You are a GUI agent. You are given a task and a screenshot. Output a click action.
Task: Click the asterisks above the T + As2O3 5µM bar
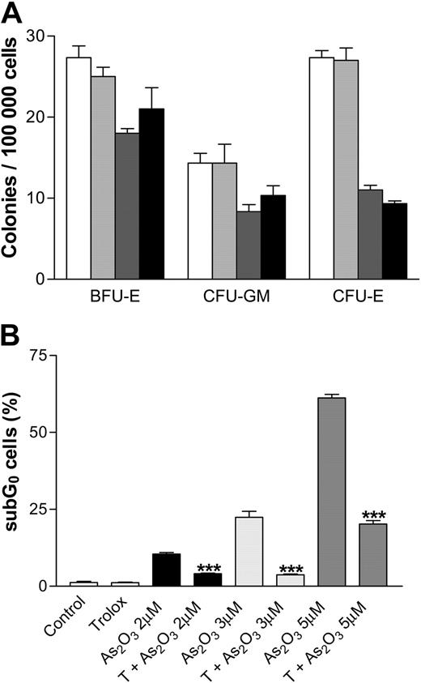[x=373, y=515]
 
